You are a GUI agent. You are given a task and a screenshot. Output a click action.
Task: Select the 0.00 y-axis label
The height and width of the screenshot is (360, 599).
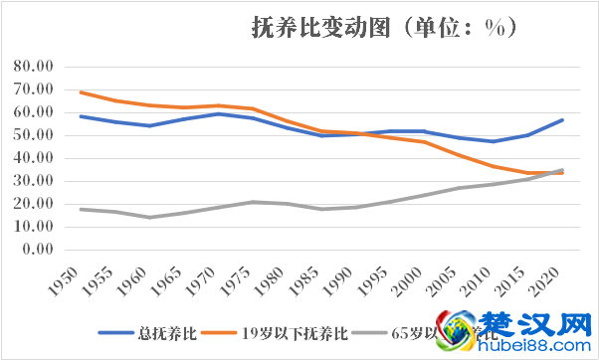(x=40, y=250)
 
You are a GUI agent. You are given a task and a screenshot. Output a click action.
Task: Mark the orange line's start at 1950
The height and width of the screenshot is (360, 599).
(x=80, y=92)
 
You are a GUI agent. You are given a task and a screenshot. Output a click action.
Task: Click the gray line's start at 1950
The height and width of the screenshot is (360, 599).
(x=80, y=209)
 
